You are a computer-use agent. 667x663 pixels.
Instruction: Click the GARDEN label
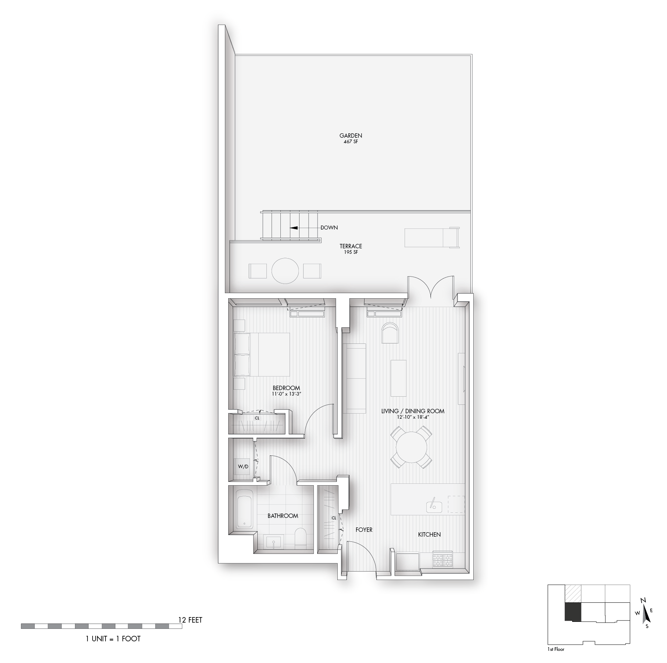pyautogui.click(x=351, y=136)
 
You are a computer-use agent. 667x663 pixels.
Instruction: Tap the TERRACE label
pyautogui.click(x=351, y=246)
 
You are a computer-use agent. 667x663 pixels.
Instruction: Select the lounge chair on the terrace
pyautogui.click(x=432, y=238)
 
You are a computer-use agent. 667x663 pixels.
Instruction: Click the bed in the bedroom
pyautogui.click(x=262, y=354)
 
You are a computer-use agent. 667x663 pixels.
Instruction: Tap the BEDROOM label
pyautogui.click(x=286, y=388)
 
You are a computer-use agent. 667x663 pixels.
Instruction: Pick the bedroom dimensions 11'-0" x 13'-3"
pyautogui.click(x=286, y=394)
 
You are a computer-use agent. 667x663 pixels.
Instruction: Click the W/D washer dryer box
pyautogui.click(x=243, y=466)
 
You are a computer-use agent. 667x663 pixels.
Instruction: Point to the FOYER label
pyautogui.click(x=364, y=530)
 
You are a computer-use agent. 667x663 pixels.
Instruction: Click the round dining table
pyautogui.click(x=411, y=447)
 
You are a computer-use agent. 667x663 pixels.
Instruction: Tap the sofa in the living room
pyautogui.click(x=354, y=378)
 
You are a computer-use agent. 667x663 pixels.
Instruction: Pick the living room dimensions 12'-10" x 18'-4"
pyautogui.click(x=413, y=417)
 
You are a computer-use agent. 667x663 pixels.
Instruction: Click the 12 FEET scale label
pyautogui.click(x=190, y=620)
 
